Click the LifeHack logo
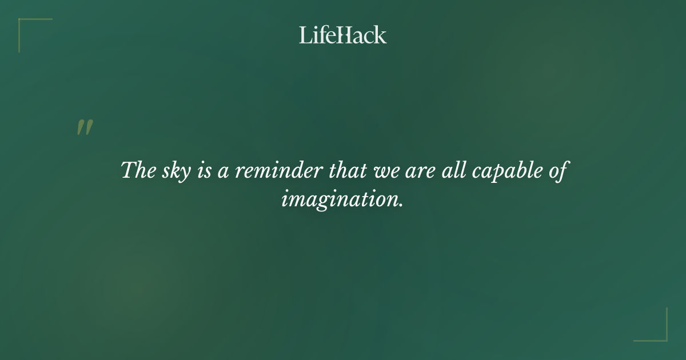point(343,35)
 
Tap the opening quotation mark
point(85,127)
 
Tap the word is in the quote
point(205,171)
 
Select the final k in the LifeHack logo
point(380,35)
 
